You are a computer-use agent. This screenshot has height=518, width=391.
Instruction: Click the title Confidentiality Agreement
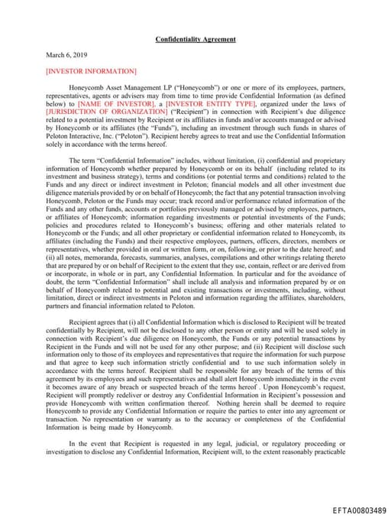click(x=195, y=39)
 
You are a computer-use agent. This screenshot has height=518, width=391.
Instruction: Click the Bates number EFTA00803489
click(x=359, y=510)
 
